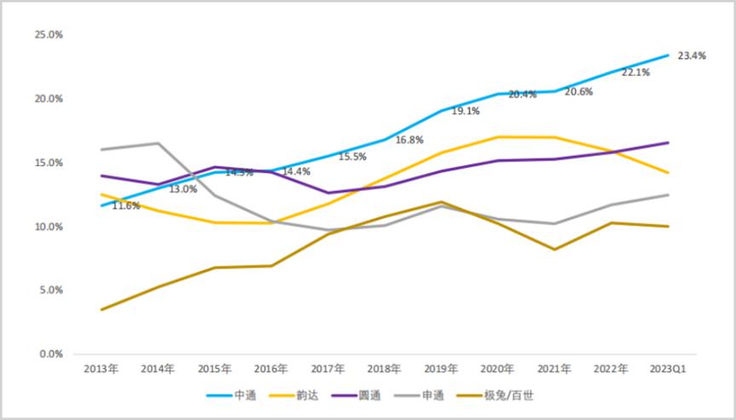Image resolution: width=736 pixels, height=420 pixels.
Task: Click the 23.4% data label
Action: [x=691, y=55]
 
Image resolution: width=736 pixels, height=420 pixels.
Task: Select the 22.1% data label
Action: [x=636, y=73]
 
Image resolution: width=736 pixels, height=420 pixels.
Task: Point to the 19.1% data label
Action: [x=465, y=111]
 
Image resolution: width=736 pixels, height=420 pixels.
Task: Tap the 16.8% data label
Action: [x=410, y=140]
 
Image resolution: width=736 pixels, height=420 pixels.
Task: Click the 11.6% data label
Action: [x=125, y=205]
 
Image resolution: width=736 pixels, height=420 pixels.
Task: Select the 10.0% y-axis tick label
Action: [x=49, y=227]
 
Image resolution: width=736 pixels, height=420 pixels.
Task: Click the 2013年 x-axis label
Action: [x=101, y=369]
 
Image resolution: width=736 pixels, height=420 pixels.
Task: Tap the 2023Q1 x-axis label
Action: [x=668, y=369]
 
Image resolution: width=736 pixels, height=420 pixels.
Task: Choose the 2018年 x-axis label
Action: [x=384, y=369]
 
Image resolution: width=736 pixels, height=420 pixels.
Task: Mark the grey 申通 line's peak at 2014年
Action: [x=158, y=143]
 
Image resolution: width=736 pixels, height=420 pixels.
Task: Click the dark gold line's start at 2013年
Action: [x=101, y=309]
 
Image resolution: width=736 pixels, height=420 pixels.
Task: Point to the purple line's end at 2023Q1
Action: [x=668, y=142]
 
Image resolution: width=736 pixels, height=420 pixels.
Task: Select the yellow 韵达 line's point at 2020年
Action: [x=497, y=136]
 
